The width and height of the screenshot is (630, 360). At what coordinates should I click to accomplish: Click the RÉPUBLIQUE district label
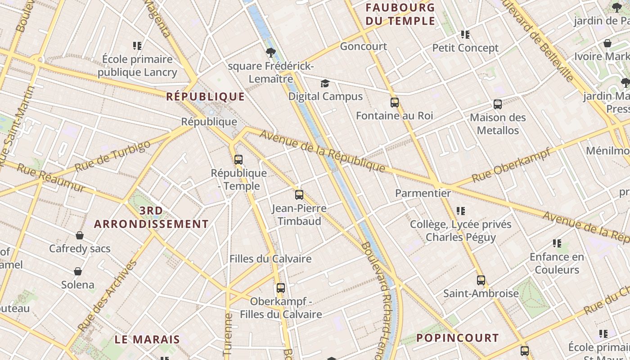206,96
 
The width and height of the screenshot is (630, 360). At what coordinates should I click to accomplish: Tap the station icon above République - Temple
238,159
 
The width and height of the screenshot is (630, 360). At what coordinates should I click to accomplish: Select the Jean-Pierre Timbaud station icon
299,194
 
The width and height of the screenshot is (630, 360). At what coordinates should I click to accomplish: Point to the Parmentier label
423,193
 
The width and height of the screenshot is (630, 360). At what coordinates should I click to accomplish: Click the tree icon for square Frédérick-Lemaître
270,53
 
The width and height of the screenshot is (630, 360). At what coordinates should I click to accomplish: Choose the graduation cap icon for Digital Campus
325,83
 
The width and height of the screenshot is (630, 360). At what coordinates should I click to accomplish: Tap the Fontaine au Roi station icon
395,103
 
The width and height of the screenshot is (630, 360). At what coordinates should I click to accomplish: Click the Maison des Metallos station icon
498,104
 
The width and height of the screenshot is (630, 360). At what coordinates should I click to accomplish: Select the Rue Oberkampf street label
511,165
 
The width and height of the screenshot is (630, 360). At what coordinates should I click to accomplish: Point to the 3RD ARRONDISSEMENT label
151,217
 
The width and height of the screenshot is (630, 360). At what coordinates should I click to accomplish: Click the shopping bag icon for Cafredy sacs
80,235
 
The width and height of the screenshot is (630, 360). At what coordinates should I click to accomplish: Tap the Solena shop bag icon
78,271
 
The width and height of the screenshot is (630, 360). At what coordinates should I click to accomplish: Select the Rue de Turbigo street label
112,156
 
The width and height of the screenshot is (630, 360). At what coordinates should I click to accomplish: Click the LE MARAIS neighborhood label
147,339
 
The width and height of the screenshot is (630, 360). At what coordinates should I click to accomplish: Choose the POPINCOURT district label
457,337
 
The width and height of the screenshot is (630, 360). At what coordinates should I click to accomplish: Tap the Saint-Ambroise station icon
481,280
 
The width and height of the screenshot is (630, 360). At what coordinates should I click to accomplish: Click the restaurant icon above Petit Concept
465,35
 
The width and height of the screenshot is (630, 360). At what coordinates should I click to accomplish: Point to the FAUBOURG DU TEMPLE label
400,14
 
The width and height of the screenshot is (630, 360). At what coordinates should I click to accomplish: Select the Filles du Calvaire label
270,259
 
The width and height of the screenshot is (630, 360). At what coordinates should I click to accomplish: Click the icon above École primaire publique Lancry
137,46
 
